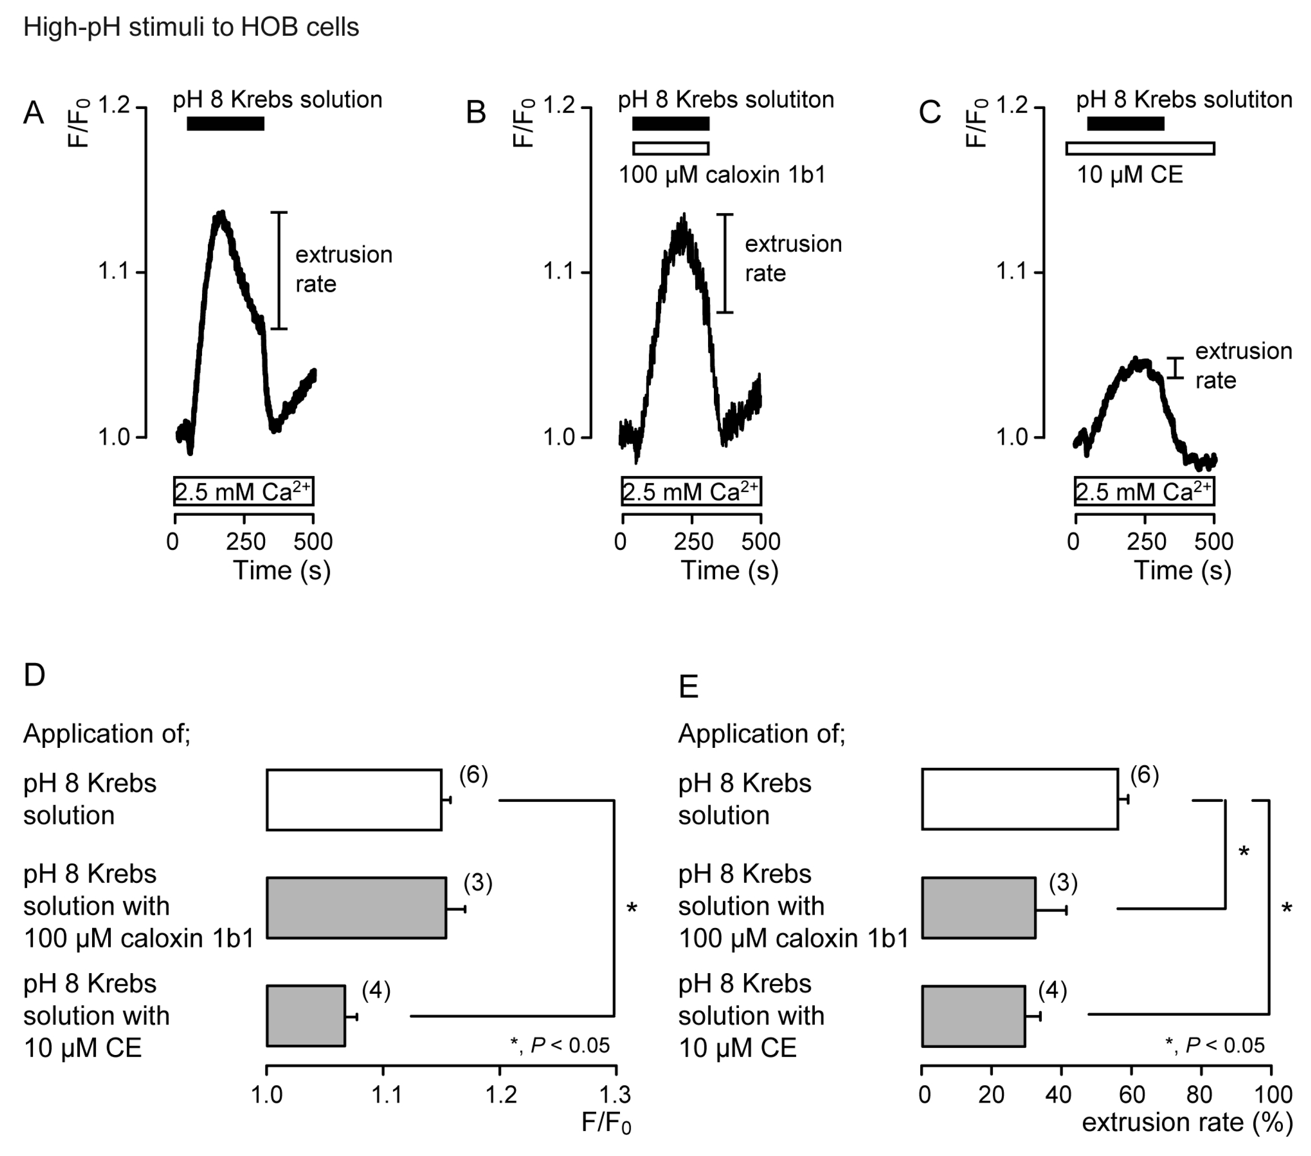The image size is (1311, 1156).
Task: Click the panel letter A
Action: (34, 113)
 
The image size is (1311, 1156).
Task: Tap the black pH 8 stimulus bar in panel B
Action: (670, 123)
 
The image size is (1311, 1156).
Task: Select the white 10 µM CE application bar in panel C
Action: (1140, 149)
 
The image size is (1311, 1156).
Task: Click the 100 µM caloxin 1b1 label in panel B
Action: (721, 174)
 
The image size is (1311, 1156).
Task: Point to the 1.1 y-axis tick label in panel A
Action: (113, 272)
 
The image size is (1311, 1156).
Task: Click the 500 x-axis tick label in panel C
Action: (1213, 542)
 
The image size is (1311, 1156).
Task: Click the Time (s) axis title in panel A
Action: (282, 570)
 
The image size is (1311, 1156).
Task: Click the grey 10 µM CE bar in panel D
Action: (306, 1016)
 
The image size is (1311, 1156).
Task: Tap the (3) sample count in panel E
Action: (1063, 883)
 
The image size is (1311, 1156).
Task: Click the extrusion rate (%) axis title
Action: (1187, 1122)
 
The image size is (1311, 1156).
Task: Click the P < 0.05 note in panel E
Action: (1214, 1046)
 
